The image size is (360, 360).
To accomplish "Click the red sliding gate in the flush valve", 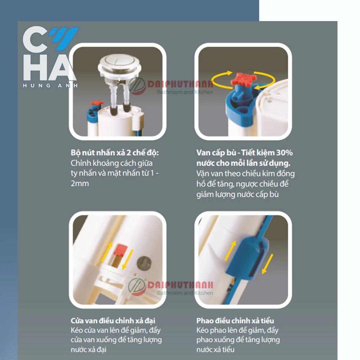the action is coord(121,250).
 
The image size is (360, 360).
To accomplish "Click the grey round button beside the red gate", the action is coord(144,263).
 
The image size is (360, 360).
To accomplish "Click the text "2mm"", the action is coord(80,184).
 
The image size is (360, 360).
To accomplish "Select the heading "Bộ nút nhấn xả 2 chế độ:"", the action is coord(115,153).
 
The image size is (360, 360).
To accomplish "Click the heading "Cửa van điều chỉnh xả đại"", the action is coord(113,321).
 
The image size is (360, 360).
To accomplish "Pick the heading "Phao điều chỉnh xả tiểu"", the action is coord(235,321).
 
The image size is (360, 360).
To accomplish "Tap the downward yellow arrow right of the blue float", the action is coord(268,264).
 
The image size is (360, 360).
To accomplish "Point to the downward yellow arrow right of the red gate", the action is coord(128,259).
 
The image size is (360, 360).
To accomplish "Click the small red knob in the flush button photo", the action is coord(97,103).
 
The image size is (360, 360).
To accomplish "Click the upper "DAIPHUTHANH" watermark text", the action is coord(180,84).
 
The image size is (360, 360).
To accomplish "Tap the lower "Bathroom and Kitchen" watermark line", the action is coord(185,293).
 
